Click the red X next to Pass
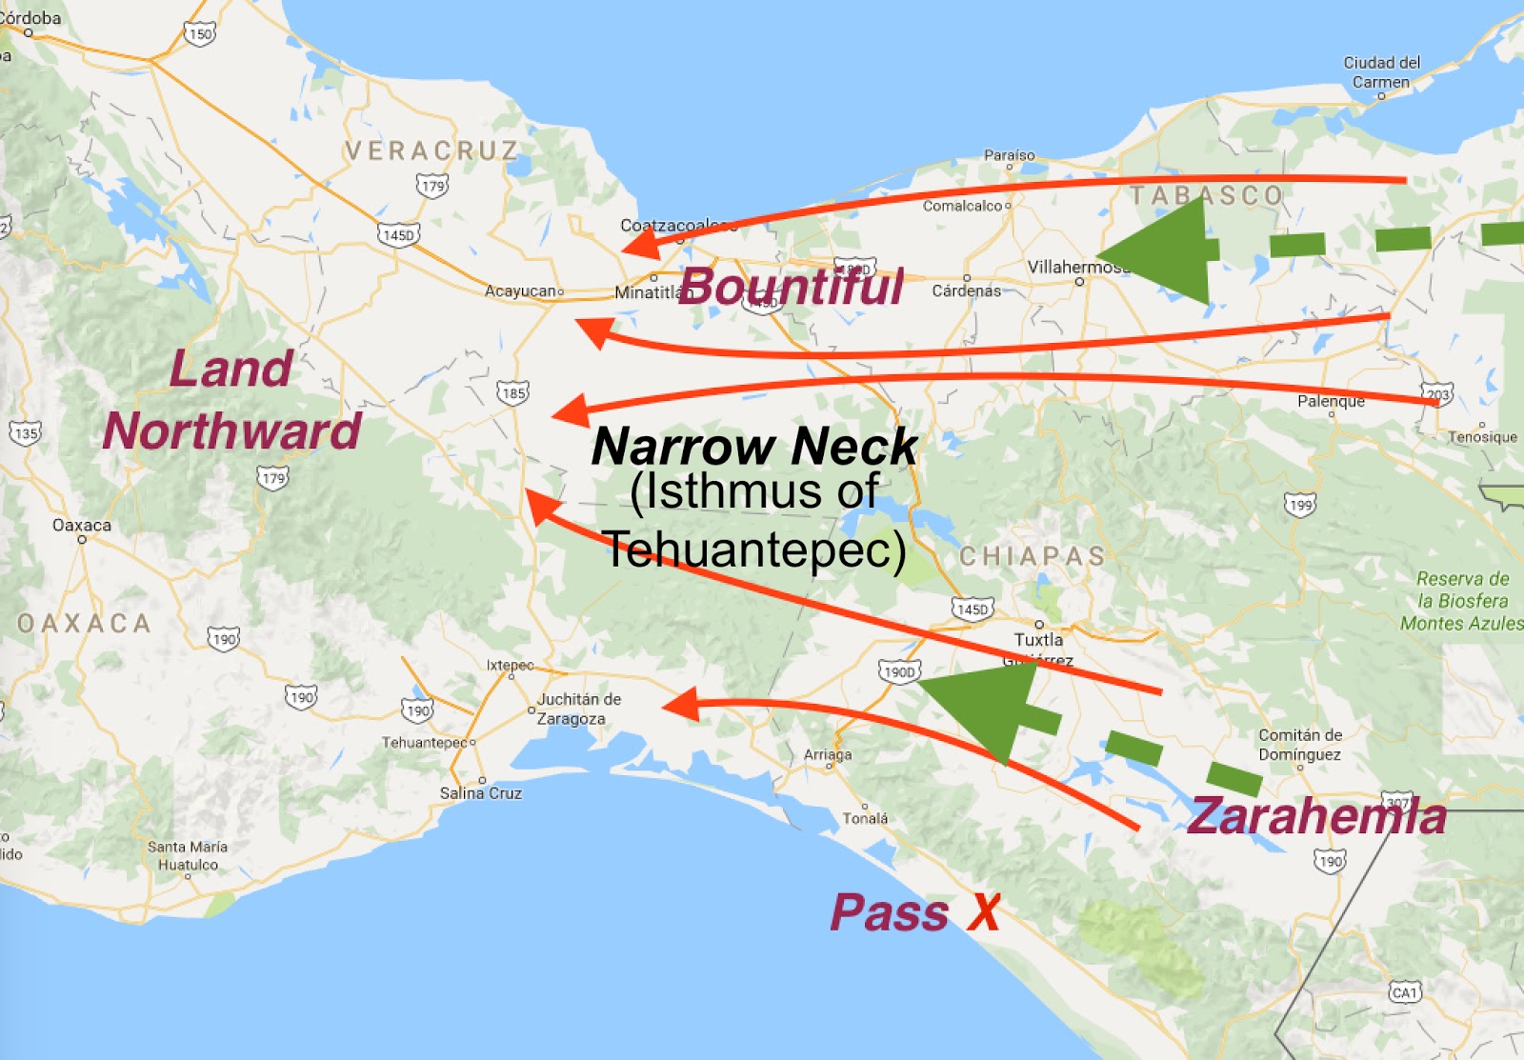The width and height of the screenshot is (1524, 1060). (985, 912)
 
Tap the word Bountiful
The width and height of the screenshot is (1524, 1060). (792, 286)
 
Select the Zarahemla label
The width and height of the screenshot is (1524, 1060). (1317, 816)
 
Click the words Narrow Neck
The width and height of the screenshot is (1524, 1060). (754, 446)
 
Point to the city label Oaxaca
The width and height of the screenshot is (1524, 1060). (82, 526)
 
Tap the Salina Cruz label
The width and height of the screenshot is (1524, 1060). (481, 793)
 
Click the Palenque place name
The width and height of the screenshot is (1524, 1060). (1331, 402)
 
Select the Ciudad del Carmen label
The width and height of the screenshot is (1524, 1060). (1381, 72)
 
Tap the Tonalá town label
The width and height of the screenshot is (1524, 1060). (865, 818)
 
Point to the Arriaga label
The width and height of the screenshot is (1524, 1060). (828, 755)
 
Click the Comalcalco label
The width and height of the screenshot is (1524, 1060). (963, 206)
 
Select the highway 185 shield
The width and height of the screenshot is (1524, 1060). (512, 392)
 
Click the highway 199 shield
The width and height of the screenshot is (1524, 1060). (1300, 505)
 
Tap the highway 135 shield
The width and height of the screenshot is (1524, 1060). (26, 433)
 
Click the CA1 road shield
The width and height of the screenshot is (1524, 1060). (1405, 992)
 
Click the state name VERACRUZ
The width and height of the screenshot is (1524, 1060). (431, 151)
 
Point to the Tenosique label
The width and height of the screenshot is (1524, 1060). (1482, 437)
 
